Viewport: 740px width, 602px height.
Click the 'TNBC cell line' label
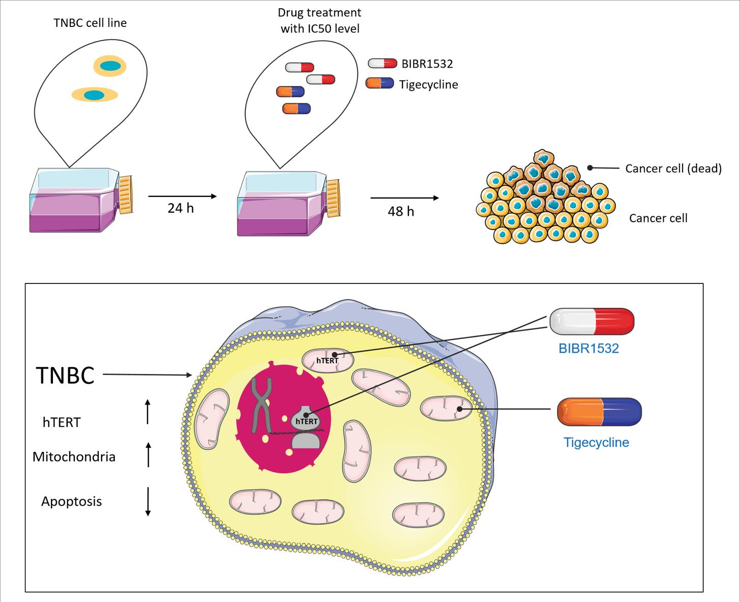pyautogui.click(x=90, y=23)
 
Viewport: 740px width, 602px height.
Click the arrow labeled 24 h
pyautogui.click(x=182, y=196)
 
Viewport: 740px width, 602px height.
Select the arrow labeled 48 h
pyautogui.click(x=404, y=197)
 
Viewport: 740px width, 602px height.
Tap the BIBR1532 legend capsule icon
pyautogui.click(x=382, y=63)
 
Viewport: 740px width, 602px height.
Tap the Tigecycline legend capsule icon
pyautogui.click(x=379, y=83)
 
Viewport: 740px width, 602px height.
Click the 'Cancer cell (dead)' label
pyautogui.click(x=673, y=168)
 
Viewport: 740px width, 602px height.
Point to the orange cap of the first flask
pyautogui.click(x=126, y=194)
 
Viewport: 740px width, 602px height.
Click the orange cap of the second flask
pyautogui.click(x=333, y=198)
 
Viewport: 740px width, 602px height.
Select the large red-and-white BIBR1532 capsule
pyautogui.click(x=592, y=322)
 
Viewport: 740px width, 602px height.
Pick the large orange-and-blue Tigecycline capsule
pyautogui.click(x=599, y=412)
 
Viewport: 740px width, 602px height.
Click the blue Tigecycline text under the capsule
pyautogui.click(x=596, y=442)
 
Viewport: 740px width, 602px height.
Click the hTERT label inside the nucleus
pyautogui.click(x=307, y=421)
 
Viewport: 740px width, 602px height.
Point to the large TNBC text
pyautogui.click(x=65, y=376)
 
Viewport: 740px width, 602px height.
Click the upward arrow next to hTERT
pyautogui.click(x=148, y=412)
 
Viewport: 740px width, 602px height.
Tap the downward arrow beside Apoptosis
pyautogui.click(x=148, y=502)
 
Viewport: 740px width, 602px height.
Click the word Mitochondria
pyautogui.click(x=74, y=456)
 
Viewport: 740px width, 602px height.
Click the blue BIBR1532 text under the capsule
pyautogui.click(x=588, y=349)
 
